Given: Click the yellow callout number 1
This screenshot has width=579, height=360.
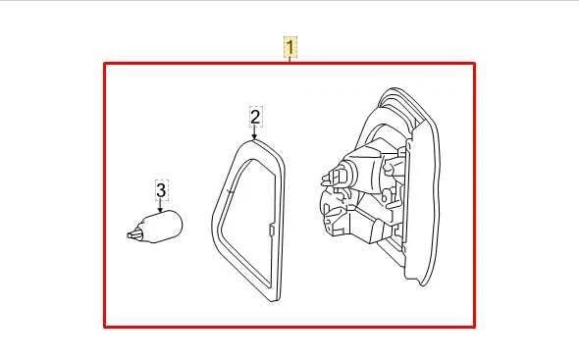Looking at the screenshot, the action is [x=290, y=46].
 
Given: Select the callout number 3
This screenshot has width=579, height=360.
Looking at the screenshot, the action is [x=162, y=189].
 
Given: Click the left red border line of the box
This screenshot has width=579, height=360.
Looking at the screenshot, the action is [x=106, y=196].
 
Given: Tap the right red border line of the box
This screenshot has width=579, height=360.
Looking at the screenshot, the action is [x=475, y=196].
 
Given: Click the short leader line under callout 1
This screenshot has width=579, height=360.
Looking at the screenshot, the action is [x=290, y=59].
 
